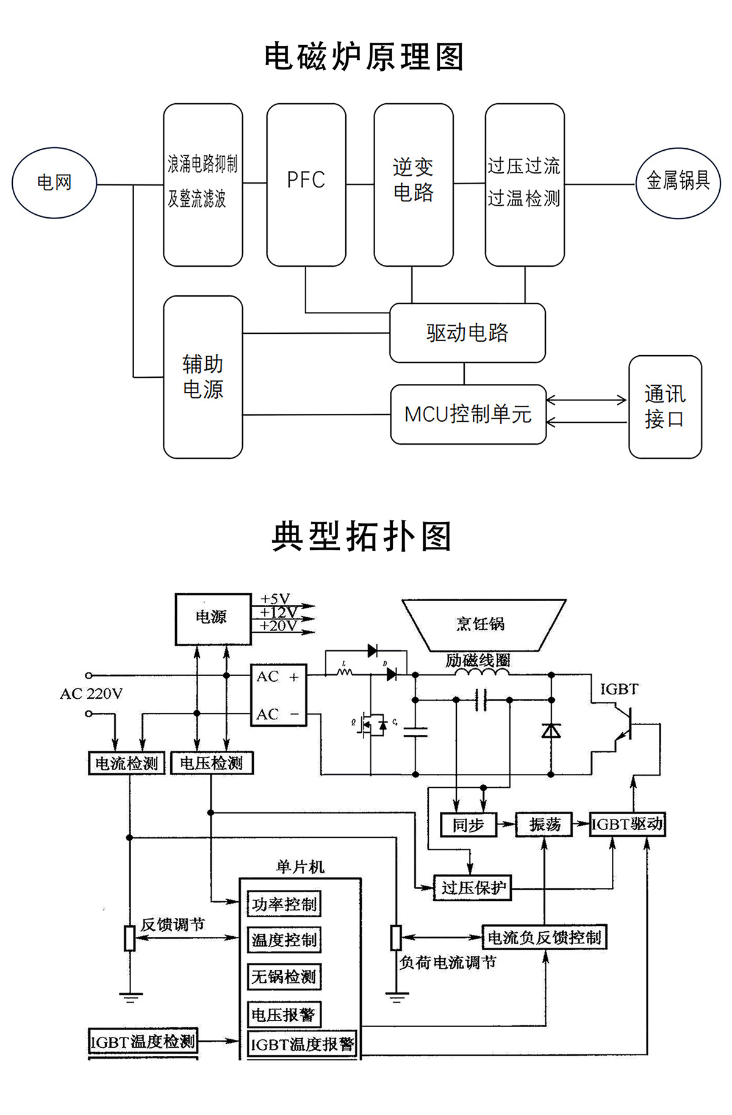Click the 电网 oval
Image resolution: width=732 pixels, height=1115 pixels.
tap(54, 182)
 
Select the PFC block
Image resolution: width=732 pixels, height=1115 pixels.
tap(306, 184)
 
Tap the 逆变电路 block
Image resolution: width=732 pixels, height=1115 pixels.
tap(413, 184)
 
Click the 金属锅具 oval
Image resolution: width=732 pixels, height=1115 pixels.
tap(678, 182)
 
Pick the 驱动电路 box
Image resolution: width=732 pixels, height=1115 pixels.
tap(467, 333)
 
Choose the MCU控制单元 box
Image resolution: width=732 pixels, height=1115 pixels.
tap(468, 414)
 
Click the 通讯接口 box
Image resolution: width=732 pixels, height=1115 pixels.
tap(665, 406)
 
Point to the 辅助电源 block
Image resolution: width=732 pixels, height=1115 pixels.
tap(203, 377)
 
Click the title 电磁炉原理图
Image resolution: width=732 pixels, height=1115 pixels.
tap(364, 57)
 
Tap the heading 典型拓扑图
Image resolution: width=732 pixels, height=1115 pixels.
tap(362, 536)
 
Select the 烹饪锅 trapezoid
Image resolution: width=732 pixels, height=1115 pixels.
tap(482, 624)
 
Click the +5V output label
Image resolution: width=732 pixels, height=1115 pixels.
tap(275, 599)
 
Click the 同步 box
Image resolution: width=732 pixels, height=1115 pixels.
tap(468, 825)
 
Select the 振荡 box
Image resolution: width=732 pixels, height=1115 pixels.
tap(544, 825)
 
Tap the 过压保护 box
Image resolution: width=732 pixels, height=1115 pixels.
tap(473, 888)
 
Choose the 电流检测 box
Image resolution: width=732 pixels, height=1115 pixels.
tap(127, 763)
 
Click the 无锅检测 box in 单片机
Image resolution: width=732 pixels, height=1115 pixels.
tap(284, 976)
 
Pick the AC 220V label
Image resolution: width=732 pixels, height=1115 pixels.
tap(91, 694)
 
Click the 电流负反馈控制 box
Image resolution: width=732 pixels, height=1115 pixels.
tap(544, 937)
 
